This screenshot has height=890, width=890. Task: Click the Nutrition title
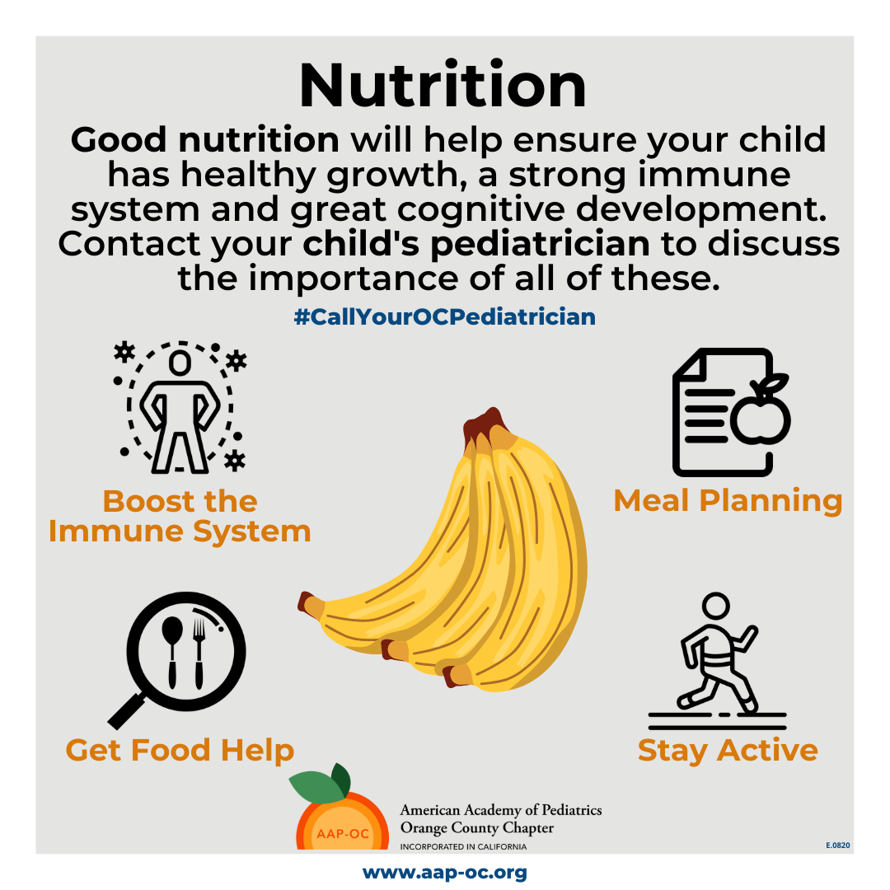(x=443, y=85)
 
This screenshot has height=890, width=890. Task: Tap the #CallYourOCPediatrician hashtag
(x=444, y=316)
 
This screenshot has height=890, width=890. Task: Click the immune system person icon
(x=180, y=408)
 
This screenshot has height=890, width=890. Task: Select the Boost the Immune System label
(x=180, y=517)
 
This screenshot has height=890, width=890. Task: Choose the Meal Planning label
(x=728, y=501)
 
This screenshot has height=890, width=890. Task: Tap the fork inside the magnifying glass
(x=199, y=653)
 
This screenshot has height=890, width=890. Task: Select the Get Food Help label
(x=180, y=751)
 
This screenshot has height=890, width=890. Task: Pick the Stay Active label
(x=728, y=751)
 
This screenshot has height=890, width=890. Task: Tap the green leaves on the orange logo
(x=321, y=782)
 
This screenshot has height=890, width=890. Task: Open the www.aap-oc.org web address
(x=444, y=873)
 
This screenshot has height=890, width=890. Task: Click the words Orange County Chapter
(x=477, y=827)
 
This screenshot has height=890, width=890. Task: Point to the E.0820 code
(x=838, y=845)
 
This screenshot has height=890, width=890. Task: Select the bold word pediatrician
(x=540, y=246)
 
